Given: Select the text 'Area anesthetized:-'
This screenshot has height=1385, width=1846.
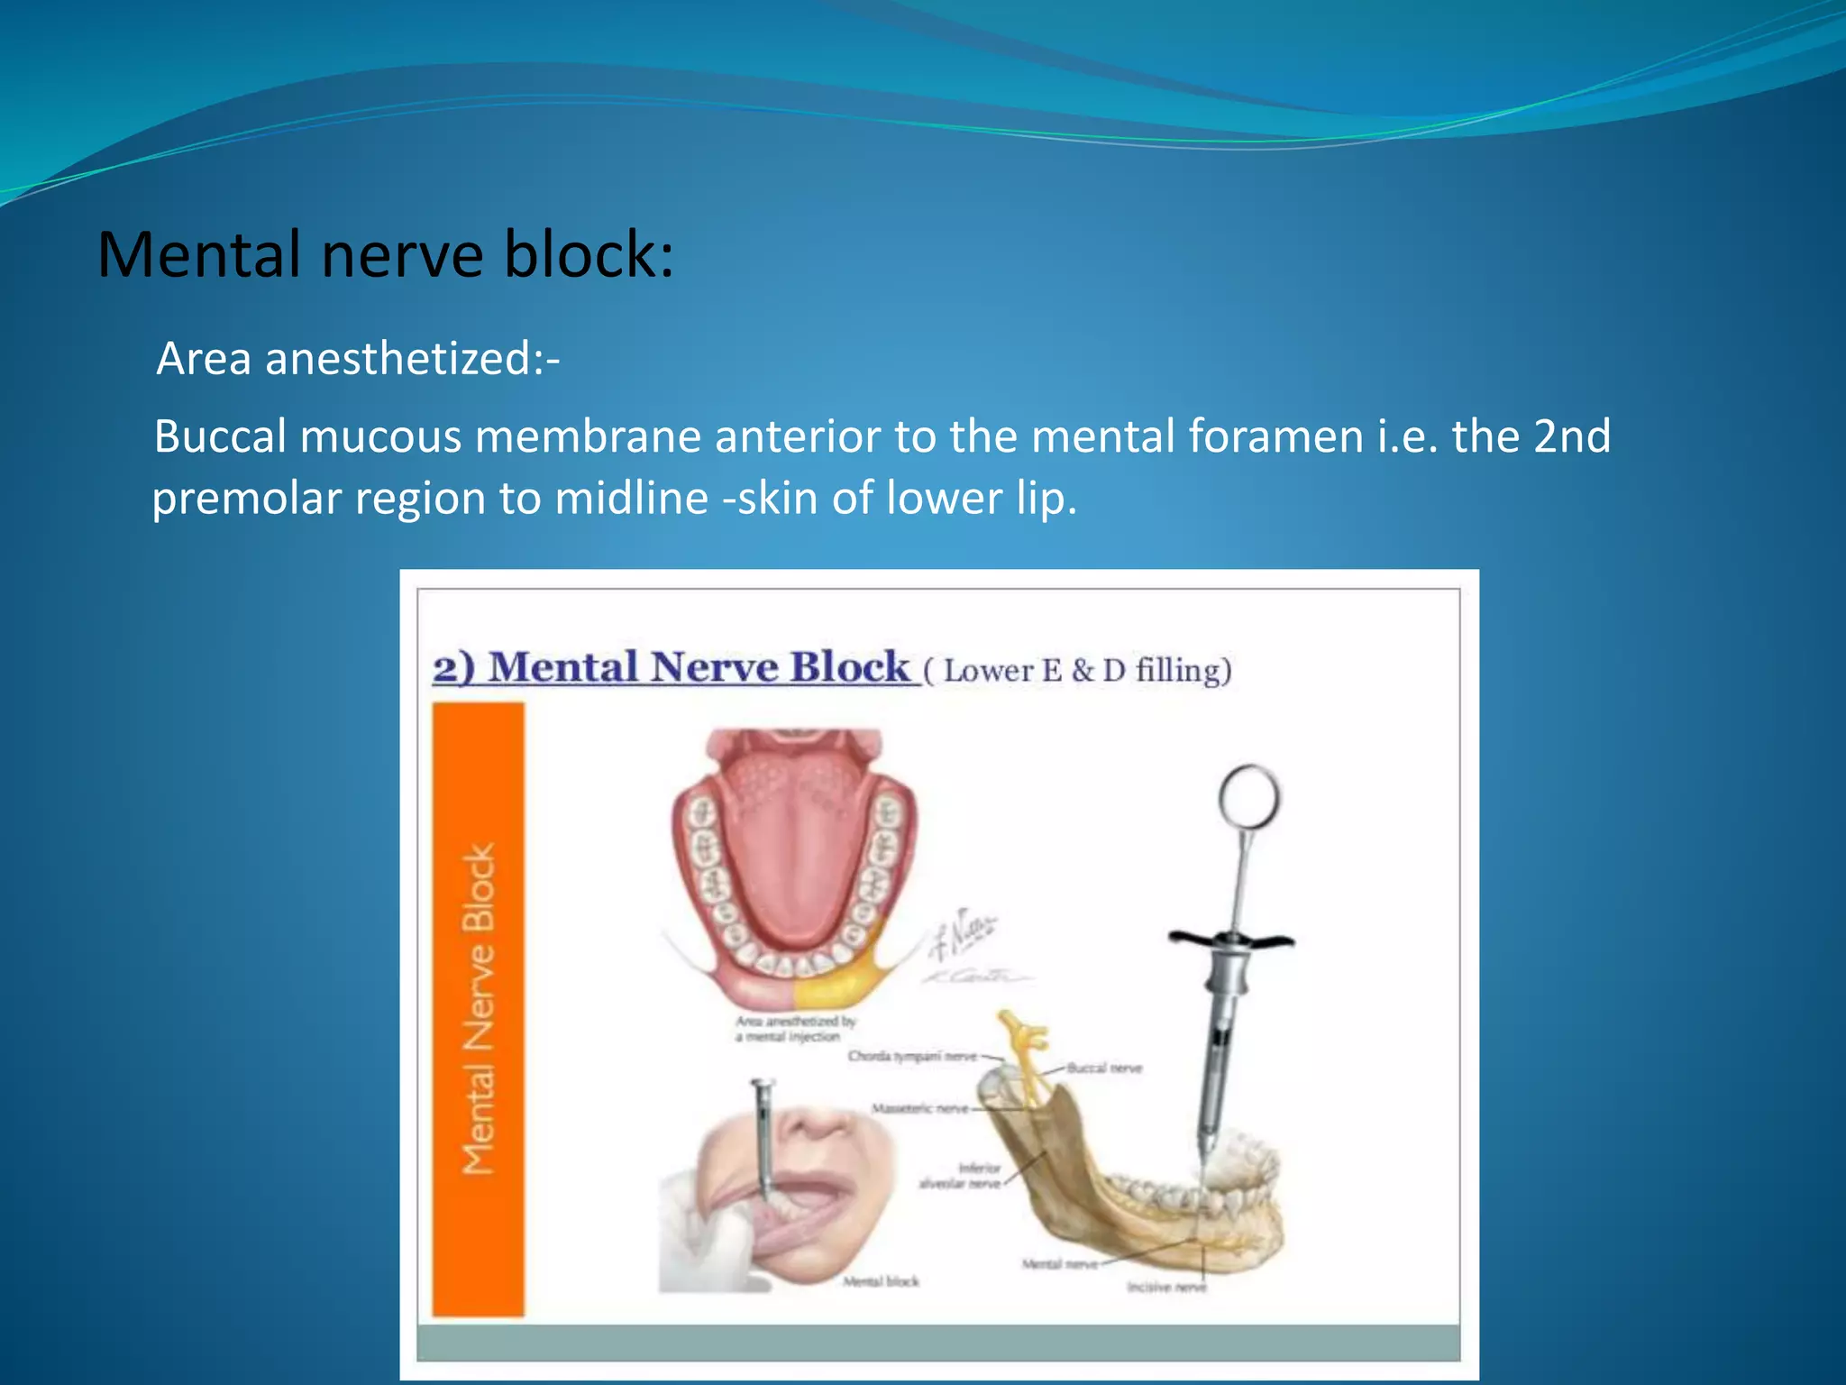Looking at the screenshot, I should pyautogui.click(x=358, y=359).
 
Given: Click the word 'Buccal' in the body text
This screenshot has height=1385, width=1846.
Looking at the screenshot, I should pyautogui.click(x=219, y=437).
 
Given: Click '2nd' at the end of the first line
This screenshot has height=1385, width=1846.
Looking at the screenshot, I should pyautogui.click(x=1571, y=437).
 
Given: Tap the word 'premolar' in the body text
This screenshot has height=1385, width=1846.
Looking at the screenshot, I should pyautogui.click(x=246, y=499).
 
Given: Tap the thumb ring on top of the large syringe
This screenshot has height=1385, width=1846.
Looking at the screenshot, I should pyautogui.click(x=1248, y=796).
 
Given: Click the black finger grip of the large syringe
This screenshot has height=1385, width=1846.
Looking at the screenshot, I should pyautogui.click(x=1230, y=940).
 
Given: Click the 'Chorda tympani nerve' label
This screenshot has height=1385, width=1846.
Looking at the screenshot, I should pyautogui.click(x=911, y=1056).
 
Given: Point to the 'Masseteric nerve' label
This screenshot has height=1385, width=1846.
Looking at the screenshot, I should pyautogui.click(x=919, y=1109).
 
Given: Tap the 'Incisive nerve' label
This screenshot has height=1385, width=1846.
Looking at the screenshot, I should pyautogui.click(x=1165, y=1288).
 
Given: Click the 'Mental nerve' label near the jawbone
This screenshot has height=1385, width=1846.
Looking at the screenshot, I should pyautogui.click(x=1059, y=1264).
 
